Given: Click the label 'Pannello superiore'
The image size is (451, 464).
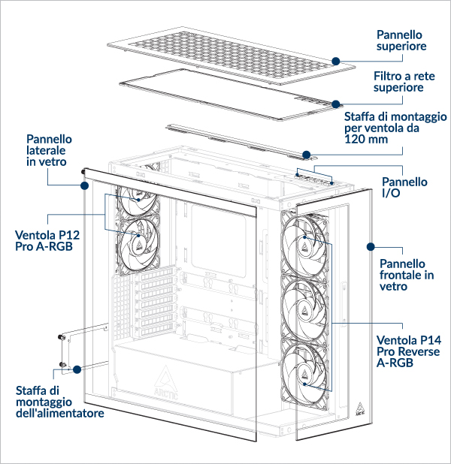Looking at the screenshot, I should tap(401, 40).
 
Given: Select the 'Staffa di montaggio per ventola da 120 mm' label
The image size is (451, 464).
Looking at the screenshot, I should tap(395, 128).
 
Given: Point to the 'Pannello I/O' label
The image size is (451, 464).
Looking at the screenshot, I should tap(405, 188).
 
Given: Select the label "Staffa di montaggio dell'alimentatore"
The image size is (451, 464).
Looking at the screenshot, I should tap(60, 402).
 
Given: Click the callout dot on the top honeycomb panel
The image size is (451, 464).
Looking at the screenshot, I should tap(336, 60).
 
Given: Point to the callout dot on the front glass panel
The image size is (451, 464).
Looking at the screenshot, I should tap(369, 246).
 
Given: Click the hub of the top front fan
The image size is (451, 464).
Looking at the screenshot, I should tap(305, 242).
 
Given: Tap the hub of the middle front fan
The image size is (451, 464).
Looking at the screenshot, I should tap(305, 307).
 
